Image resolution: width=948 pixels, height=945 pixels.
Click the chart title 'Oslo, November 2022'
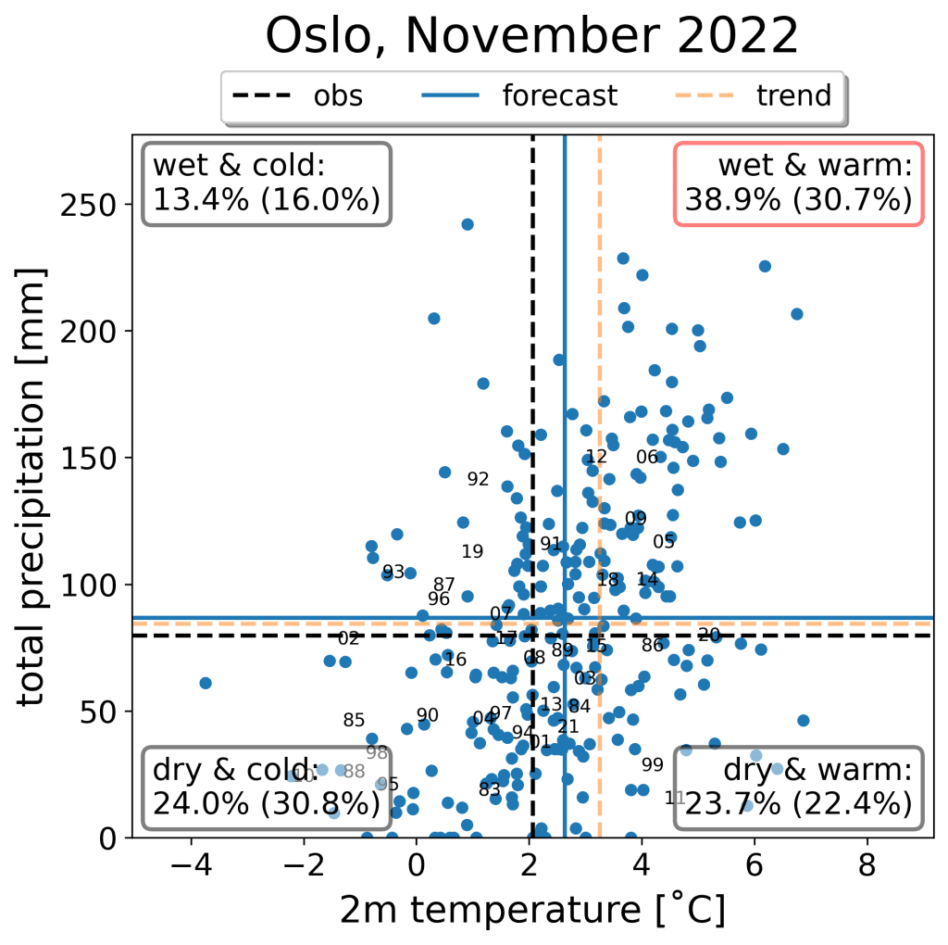tap(531, 37)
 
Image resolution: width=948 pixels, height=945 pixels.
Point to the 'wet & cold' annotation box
tap(266, 183)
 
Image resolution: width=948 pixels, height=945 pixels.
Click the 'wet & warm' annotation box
tap(798, 183)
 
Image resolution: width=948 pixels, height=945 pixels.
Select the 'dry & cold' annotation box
tap(266, 787)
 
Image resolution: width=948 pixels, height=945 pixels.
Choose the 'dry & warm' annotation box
tap(798, 787)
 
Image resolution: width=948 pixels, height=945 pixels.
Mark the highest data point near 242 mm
tap(468, 224)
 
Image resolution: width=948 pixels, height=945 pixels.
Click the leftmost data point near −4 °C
tap(206, 683)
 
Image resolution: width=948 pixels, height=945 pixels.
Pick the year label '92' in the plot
tap(478, 479)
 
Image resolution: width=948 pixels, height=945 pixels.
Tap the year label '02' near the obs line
tap(348, 638)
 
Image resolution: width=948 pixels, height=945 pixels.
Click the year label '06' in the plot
tap(647, 457)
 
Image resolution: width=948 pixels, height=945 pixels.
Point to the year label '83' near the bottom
tap(490, 789)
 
